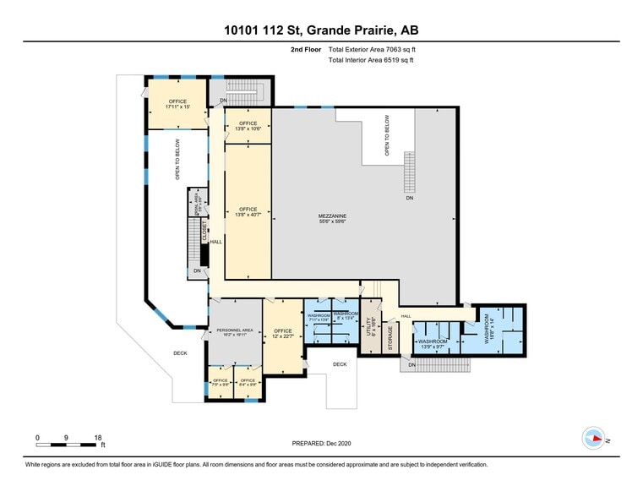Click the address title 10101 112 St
(321, 30)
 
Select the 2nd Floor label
(303, 50)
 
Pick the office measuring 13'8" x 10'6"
(247, 126)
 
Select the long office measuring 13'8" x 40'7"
(248, 211)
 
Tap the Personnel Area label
(235, 331)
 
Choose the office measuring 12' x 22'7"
(282, 333)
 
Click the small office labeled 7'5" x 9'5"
(221, 383)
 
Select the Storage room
(390, 337)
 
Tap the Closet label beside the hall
(204, 231)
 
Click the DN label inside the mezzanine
(410, 199)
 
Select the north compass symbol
(592, 438)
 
